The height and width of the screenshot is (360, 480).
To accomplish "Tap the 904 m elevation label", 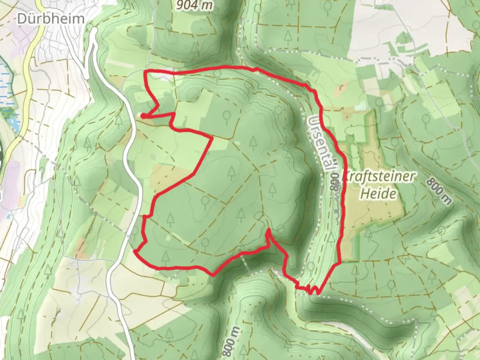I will tap(194, 5).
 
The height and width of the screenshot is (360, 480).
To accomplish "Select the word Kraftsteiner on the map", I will tap(379, 177).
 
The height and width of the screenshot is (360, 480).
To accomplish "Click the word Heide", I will tap(379, 194).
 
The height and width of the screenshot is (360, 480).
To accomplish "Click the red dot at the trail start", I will tap(143, 116).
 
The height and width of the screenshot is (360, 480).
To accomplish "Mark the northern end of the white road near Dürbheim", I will tap(94, 30).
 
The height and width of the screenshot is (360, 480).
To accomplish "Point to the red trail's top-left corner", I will tap(145, 71).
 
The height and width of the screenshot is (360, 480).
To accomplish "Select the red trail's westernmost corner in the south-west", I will tap(134, 251).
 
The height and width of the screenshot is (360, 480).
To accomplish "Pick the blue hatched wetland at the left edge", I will tap(5, 83).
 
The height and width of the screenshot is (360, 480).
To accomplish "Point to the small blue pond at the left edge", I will tap(13, 123).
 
